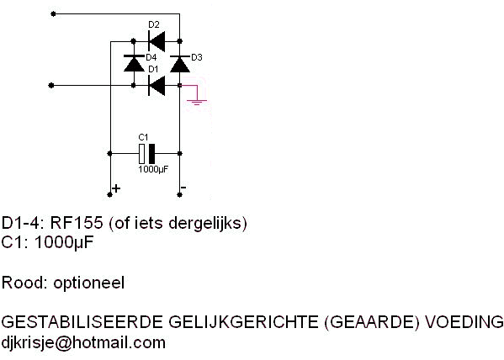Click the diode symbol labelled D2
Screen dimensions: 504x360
(x=157, y=41)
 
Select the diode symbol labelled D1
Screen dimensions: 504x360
(x=157, y=86)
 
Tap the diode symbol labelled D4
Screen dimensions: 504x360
(x=134, y=63)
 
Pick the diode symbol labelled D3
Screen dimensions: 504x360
(x=180, y=64)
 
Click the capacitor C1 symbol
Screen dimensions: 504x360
(x=147, y=154)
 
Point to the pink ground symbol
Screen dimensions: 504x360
(x=197, y=103)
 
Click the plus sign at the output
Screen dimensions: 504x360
(x=116, y=188)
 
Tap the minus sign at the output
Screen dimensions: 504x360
(x=183, y=187)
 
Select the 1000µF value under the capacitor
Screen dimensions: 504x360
(x=153, y=169)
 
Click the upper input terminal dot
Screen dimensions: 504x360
(x=53, y=13)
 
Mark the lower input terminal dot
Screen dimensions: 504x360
(x=51, y=86)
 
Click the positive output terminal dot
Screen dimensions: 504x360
(x=109, y=194)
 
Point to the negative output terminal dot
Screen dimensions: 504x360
(x=180, y=194)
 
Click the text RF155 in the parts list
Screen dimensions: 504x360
(x=77, y=223)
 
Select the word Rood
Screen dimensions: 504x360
(x=24, y=283)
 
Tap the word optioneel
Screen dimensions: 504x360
(x=88, y=283)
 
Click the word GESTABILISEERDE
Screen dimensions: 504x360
(x=82, y=322)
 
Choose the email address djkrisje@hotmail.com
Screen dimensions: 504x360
(x=83, y=342)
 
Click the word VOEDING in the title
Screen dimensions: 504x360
(x=464, y=322)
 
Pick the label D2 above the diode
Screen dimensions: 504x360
(x=154, y=24)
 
